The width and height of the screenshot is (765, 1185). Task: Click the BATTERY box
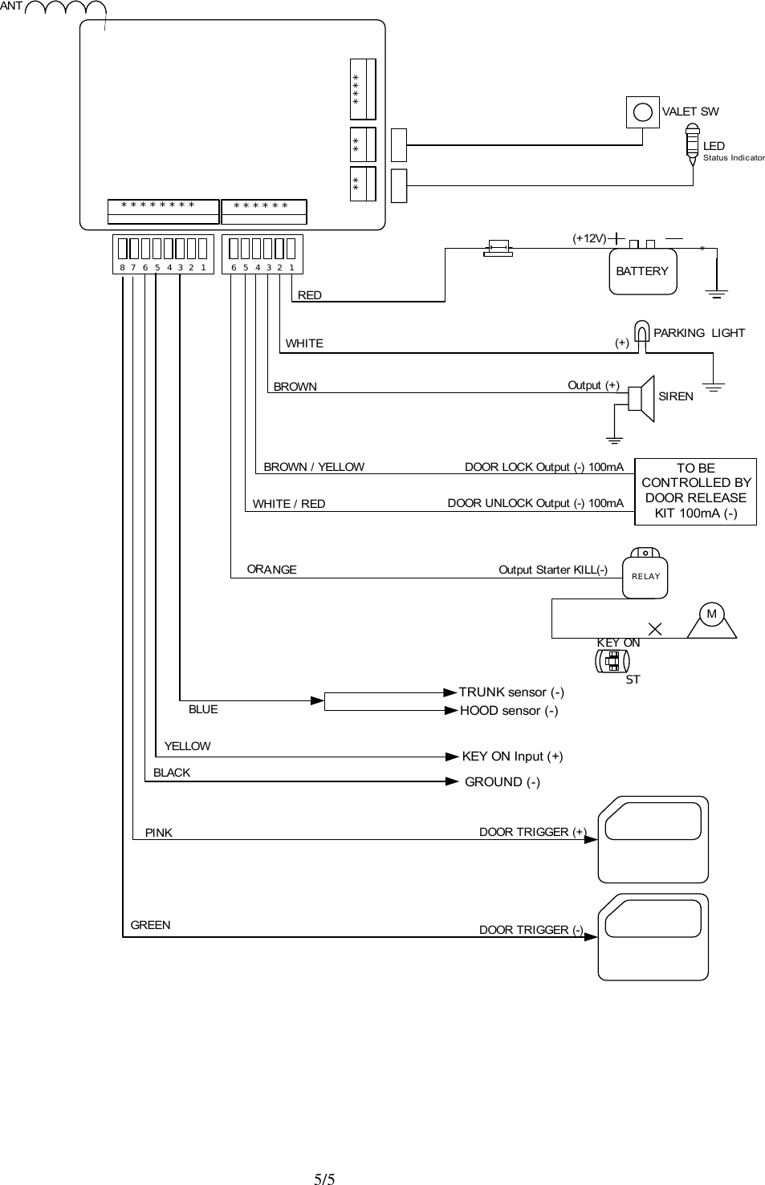point(642,271)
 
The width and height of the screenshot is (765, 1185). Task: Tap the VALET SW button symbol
point(642,112)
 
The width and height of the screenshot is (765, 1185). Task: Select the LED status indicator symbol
point(693,144)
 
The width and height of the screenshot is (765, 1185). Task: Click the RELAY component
point(645,575)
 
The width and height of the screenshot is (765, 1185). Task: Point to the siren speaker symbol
point(642,398)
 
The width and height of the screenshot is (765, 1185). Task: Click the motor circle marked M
point(711,615)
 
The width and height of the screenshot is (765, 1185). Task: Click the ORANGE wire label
point(271,570)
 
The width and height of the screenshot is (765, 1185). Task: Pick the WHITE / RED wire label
point(289,504)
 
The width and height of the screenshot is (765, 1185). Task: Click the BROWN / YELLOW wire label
point(314,467)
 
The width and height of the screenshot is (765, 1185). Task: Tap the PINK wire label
point(159,833)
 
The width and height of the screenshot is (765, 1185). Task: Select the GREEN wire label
point(150,925)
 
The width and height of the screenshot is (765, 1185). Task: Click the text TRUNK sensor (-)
point(511,692)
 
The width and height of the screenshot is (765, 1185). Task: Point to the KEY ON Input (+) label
point(512,756)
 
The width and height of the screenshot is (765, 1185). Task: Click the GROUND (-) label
point(503,781)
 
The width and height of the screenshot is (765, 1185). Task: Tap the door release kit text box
point(695,490)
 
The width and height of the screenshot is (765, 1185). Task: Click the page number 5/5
point(324,1179)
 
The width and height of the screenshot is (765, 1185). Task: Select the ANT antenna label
point(11,6)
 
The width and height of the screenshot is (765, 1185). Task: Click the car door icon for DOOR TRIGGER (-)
point(653,936)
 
